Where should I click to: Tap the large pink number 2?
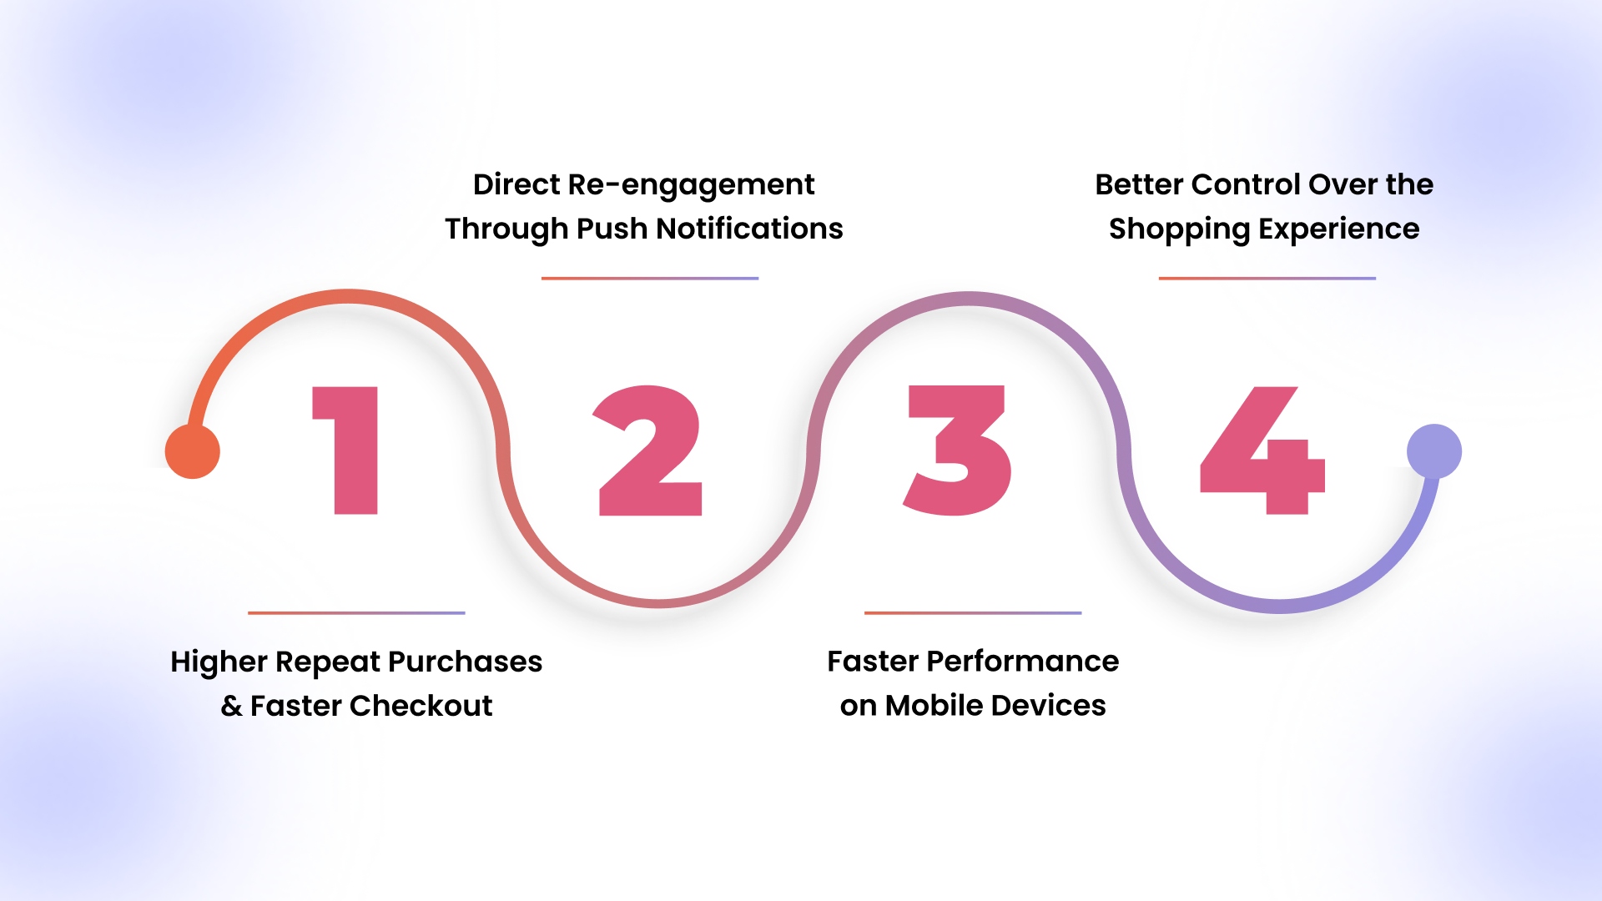tap(650, 450)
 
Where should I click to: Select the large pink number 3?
tap(958, 450)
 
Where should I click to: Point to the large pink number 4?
tap(1262, 450)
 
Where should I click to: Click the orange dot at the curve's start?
tap(193, 451)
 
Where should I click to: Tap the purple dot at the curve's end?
tap(1434, 451)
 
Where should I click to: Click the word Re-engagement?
tap(691, 185)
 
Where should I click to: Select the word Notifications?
tap(749, 229)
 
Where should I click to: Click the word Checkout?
tap(421, 706)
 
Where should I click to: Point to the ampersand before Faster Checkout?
tap(231, 707)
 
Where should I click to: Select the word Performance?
tap(1023, 662)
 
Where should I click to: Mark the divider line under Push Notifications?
tap(650, 279)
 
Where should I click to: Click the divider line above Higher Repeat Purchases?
tap(356, 613)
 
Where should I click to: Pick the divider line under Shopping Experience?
tap(1267, 279)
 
